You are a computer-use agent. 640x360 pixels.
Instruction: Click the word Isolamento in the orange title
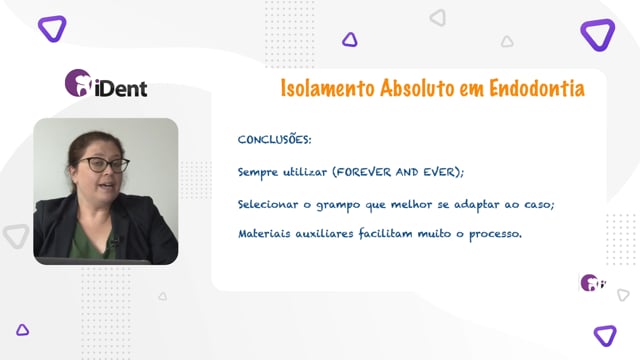pyautogui.click(x=327, y=89)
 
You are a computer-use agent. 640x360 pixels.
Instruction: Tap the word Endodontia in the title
pyautogui.click(x=537, y=88)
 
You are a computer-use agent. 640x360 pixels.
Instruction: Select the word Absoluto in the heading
pyautogui.click(x=417, y=89)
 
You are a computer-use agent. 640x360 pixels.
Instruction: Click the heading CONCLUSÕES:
pyautogui.click(x=274, y=140)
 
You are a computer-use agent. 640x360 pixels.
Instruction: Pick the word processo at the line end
pyautogui.click(x=495, y=234)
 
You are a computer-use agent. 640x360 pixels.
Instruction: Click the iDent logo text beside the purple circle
pyautogui.click(x=121, y=89)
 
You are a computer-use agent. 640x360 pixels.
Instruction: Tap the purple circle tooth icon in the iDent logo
pyautogui.click(x=78, y=83)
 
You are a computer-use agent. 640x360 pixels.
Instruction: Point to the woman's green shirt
pyautogui.click(x=88, y=242)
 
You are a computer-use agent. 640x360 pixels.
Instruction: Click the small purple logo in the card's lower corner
pyautogui.click(x=593, y=282)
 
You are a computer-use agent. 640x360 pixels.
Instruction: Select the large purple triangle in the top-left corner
pyautogui.click(x=52, y=28)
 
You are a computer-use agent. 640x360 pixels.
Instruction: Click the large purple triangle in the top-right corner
pyautogui.click(x=598, y=34)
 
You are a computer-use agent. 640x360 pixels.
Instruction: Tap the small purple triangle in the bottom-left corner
pyautogui.click(x=22, y=330)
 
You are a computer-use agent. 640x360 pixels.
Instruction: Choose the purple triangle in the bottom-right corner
pyautogui.click(x=605, y=336)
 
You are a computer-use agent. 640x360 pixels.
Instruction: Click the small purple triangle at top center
pyautogui.click(x=350, y=40)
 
